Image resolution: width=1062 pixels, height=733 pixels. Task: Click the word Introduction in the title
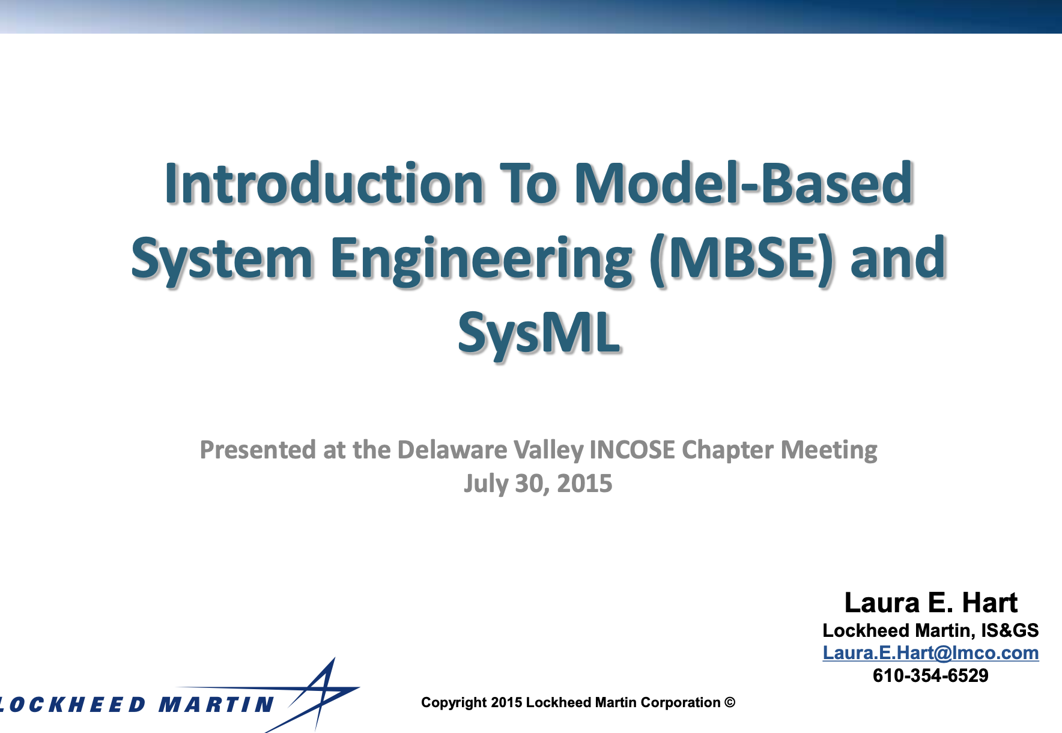tap(324, 183)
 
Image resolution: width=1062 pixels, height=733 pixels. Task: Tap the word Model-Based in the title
tap(744, 183)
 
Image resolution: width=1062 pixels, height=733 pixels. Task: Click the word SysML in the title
tap(538, 333)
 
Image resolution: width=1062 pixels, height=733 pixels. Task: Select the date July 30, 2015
tap(538, 484)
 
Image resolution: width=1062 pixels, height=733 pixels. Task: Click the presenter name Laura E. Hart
tap(930, 603)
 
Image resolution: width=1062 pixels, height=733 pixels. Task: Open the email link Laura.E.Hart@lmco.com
tap(930, 653)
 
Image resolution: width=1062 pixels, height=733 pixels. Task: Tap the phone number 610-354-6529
tap(930, 676)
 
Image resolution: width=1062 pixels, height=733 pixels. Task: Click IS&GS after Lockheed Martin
tap(1010, 630)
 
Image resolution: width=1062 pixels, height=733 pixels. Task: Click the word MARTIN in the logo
tap(216, 705)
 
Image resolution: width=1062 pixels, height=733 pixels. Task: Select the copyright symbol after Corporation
tap(730, 702)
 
